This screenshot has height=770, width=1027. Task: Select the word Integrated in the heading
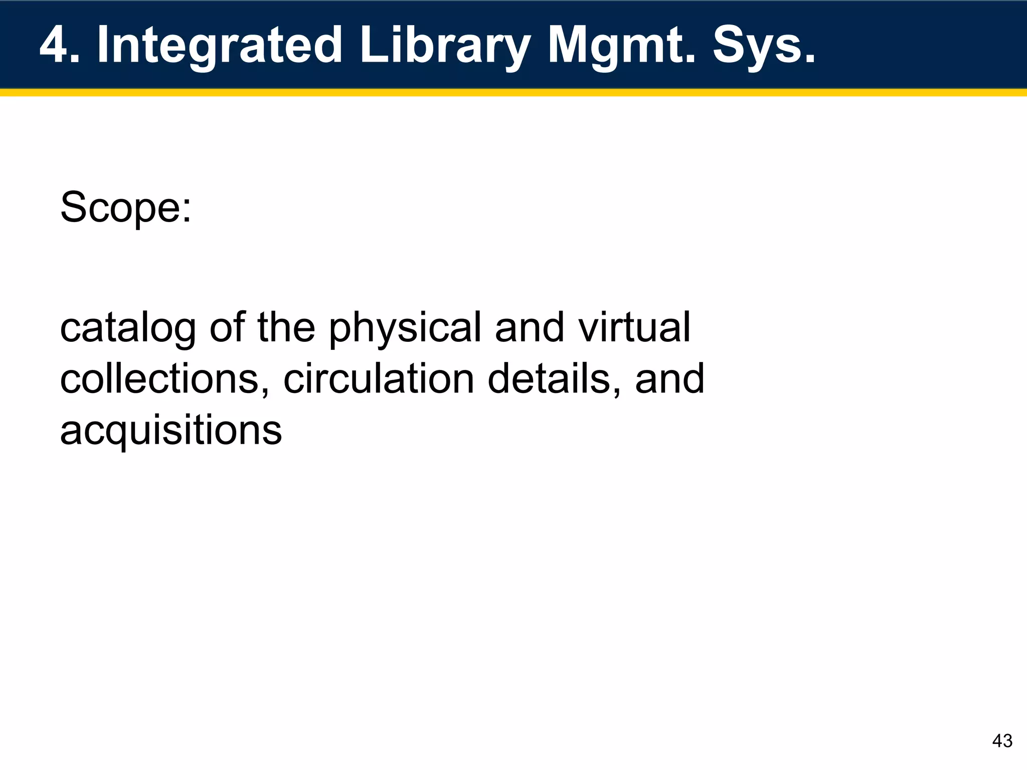tap(219, 46)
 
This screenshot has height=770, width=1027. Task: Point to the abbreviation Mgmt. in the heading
tap(622, 46)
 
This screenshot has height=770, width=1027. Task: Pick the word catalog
tap(127, 328)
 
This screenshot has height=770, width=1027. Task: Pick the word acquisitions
tap(171, 431)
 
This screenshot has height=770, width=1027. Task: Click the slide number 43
tap(1002, 740)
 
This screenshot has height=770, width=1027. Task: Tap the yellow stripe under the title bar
tap(513, 93)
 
